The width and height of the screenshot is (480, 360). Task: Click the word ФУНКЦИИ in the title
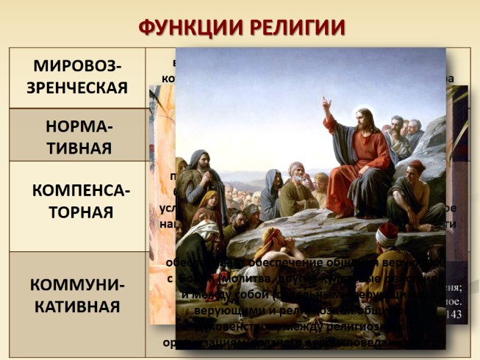click(x=183, y=26)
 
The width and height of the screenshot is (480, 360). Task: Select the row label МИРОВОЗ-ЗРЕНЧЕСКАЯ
click(x=76, y=77)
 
